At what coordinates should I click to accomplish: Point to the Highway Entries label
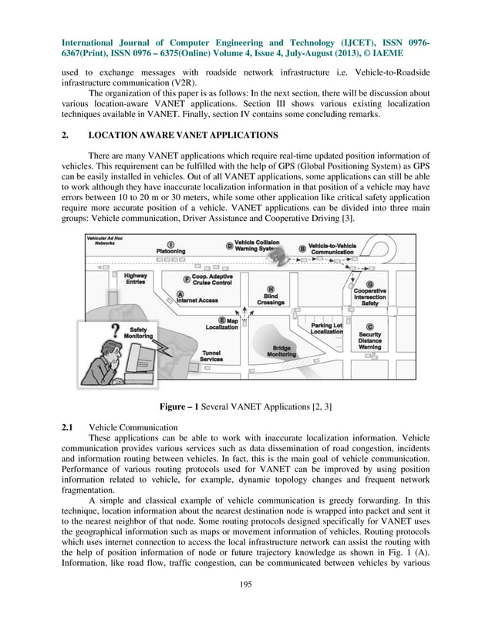coord(136,279)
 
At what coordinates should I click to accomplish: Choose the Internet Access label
coord(197,299)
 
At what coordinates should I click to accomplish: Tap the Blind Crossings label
coord(271,299)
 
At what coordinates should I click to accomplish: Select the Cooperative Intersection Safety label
coord(369,296)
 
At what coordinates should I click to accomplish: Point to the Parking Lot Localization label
coord(326,329)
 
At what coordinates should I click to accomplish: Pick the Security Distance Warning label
coord(369,340)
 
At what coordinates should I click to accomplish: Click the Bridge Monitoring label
coord(281,351)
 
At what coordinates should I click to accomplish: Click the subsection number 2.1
coord(67,426)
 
